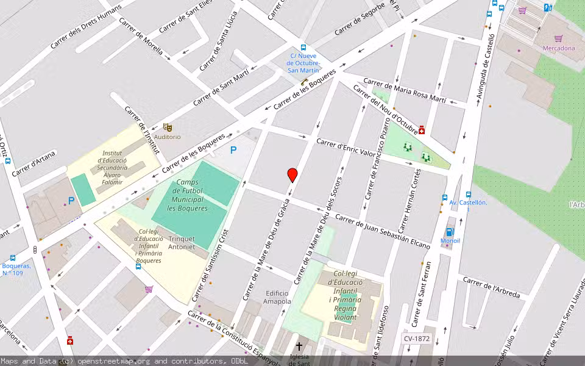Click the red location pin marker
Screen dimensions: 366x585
[292, 175]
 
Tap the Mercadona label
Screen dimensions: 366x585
[559, 48]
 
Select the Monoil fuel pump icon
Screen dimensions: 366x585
[450, 232]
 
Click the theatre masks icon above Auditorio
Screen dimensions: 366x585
[168, 127]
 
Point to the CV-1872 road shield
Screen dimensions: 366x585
[416, 339]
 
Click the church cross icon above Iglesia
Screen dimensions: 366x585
[299, 346]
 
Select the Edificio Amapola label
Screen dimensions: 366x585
[277, 297]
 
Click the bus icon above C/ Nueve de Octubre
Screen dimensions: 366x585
[303, 48]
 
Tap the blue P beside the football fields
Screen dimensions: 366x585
[232, 150]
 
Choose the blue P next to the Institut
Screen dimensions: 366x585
[71, 200]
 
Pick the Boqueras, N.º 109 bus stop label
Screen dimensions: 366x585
[16, 270]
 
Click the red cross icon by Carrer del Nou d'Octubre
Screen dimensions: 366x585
[422, 129]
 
